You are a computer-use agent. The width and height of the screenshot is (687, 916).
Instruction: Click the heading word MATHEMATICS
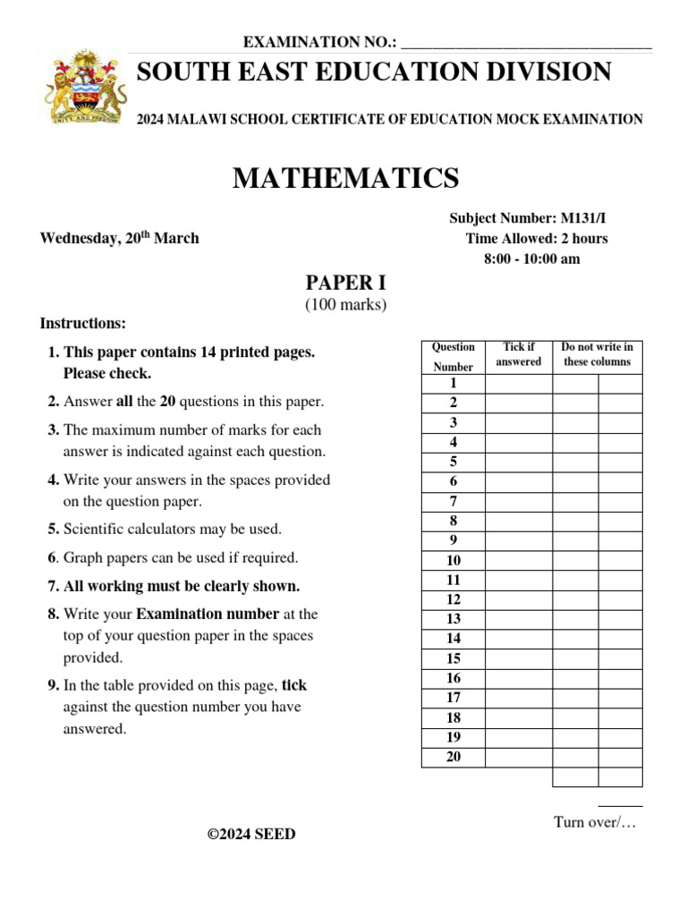click(x=345, y=179)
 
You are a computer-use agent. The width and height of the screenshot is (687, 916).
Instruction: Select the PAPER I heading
click(x=345, y=283)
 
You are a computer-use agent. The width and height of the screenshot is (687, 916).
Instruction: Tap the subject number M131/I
click(x=586, y=217)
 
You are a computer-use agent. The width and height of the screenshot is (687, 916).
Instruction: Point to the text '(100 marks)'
click(x=345, y=305)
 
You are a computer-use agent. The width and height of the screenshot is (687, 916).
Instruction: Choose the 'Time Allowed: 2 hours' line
click(x=537, y=238)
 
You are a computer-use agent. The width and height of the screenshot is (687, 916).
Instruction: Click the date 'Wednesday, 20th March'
click(x=120, y=238)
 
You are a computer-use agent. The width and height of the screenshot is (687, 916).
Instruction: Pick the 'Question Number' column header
click(x=454, y=356)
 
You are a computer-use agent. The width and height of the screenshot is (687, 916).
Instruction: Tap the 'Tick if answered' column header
click(x=519, y=354)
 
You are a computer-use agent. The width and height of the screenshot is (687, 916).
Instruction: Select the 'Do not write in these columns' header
click(x=597, y=354)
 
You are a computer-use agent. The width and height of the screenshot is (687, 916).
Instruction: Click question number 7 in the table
click(x=454, y=501)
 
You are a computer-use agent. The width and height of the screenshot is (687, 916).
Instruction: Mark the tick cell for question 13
click(x=519, y=619)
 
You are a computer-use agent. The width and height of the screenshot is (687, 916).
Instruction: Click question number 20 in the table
click(x=454, y=757)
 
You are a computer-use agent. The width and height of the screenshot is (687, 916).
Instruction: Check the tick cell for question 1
click(x=519, y=384)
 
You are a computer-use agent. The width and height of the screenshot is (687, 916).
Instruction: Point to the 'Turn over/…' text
click(x=594, y=822)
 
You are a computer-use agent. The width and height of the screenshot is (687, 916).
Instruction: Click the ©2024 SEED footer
click(x=251, y=835)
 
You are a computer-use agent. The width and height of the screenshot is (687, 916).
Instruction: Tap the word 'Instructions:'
click(x=83, y=323)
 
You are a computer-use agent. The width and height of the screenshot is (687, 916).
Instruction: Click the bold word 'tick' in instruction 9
click(x=294, y=685)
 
